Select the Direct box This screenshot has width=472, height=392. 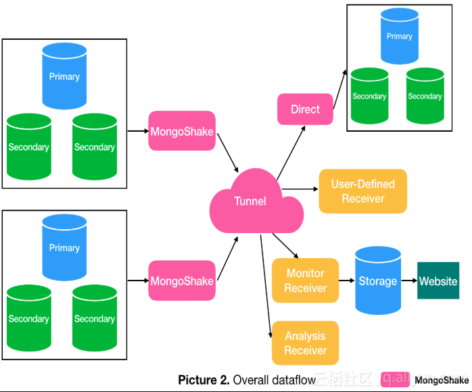(305, 109)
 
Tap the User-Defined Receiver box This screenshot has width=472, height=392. (362, 191)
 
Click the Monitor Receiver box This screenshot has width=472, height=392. (305, 280)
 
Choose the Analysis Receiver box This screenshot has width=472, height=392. (305, 343)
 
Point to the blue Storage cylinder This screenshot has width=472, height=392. (378, 280)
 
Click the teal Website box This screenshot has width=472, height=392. (438, 280)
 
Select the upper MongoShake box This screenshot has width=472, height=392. (181, 131)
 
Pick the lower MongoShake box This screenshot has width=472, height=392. (181, 280)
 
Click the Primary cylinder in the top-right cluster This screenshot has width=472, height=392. (399, 37)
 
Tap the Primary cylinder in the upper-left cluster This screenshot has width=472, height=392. (64, 76)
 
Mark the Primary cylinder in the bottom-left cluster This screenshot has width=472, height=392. (64, 248)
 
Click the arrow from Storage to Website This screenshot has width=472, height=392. (408, 280)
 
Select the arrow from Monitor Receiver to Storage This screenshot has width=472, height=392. (347, 280)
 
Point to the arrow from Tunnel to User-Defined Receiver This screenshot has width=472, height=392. (300, 189)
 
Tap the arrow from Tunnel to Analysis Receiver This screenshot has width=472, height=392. (266, 284)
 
